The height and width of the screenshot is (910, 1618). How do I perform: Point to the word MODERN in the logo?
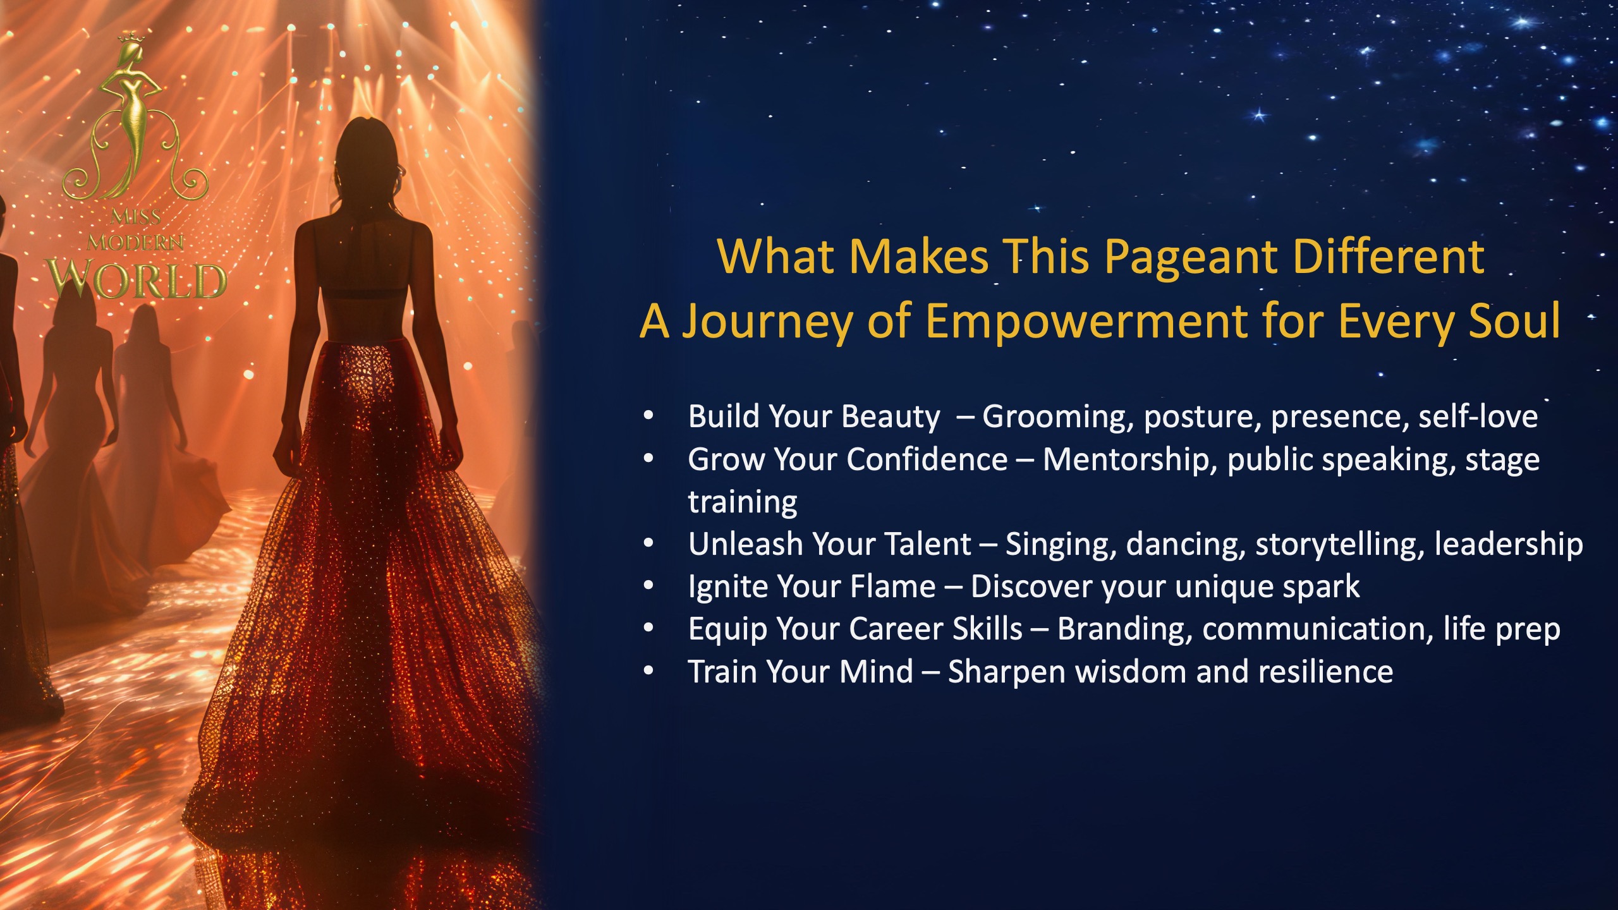tap(135, 242)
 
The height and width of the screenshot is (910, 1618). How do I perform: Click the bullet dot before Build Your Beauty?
tap(648, 416)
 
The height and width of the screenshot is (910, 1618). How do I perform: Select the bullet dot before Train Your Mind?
tap(648, 672)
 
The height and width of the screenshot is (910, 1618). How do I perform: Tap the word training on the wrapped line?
tap(743, 503)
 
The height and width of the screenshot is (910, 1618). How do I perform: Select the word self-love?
tap(1478, 417)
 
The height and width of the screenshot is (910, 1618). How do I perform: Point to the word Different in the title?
tap(1389, 257)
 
